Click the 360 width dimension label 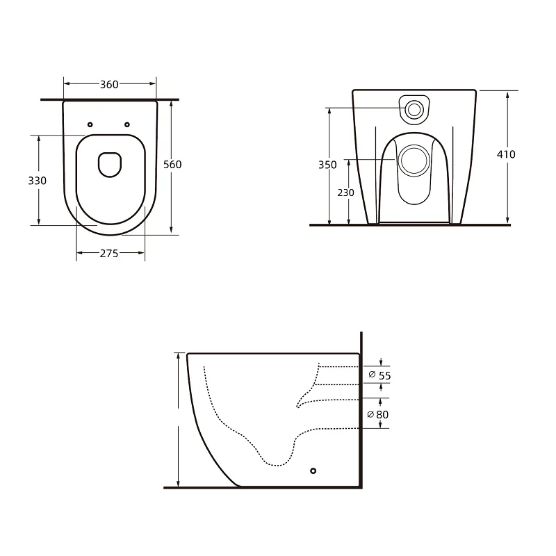click(109, 84)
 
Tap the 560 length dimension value click(172, 165)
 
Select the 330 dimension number click(38, 181)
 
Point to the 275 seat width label click(109, 254)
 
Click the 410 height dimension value click(506, 154)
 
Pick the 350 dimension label click(327, 165)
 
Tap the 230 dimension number click(345, 193)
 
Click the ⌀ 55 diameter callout click(379, 375)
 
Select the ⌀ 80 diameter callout click(378, 414)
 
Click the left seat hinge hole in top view click(90, 124)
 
